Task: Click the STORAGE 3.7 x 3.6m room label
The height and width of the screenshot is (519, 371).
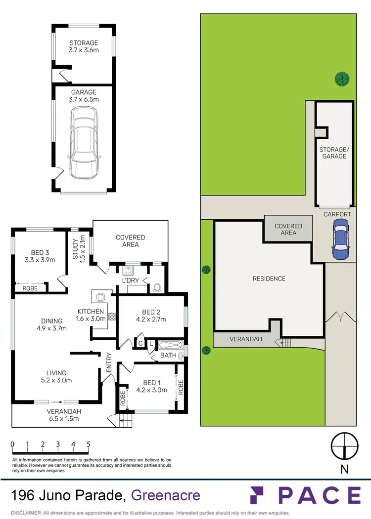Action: point(83,46)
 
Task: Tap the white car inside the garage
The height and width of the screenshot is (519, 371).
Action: point(84,144)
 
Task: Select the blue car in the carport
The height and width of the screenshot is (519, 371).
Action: point(341,239)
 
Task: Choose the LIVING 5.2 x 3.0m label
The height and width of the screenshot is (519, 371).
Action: point(52,376)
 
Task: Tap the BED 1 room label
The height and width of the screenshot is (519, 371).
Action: point(151,386)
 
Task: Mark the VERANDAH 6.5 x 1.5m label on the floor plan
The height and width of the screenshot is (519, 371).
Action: point(63,415)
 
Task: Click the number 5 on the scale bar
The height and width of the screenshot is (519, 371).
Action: point(89,444)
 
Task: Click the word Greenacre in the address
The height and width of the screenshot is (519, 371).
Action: point(166,495)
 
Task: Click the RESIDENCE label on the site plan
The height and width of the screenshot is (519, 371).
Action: point(269,279)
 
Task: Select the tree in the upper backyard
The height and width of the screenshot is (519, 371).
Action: point(342,78)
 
